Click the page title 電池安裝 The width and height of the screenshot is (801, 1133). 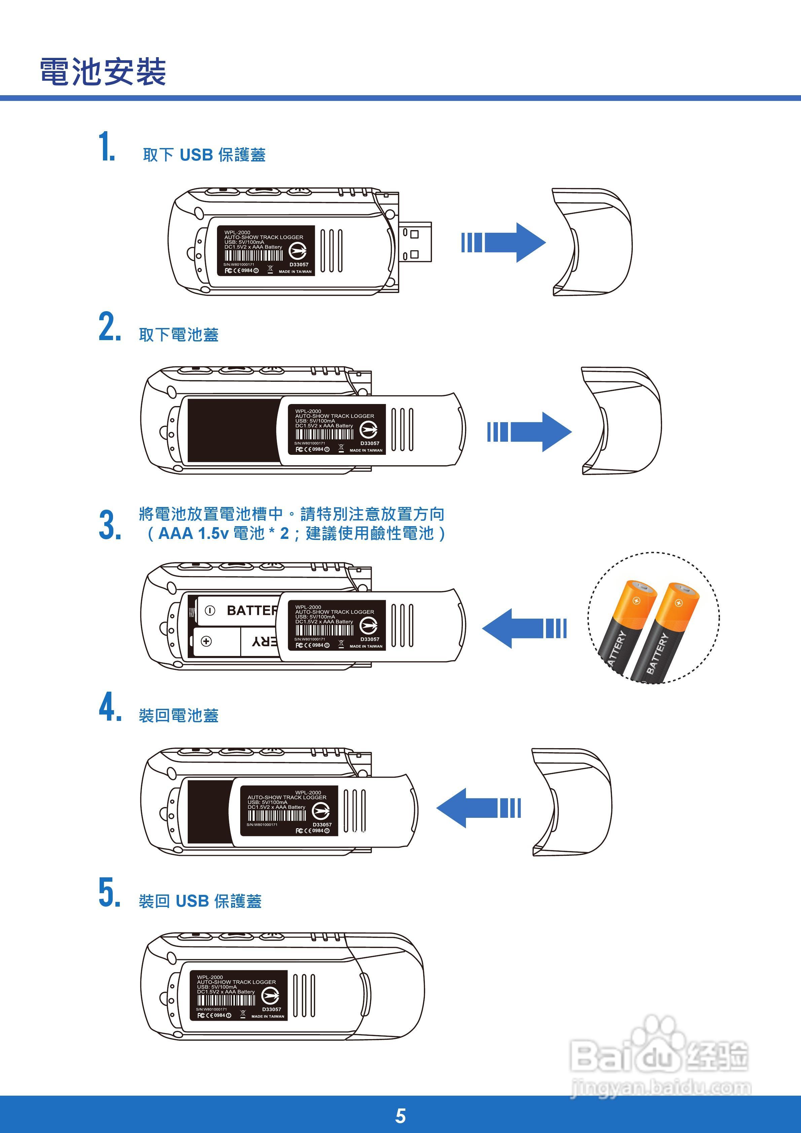click(103, 72)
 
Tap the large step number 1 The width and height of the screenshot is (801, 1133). click(107, 147)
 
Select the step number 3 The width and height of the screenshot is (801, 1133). click(110, 525)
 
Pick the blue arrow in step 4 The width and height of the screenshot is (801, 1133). click(478, 808)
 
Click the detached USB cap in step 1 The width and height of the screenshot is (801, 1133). click(592, 242)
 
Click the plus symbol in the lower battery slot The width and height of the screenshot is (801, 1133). click(206, 641)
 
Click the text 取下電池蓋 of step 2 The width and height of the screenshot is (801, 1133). click(179, 335)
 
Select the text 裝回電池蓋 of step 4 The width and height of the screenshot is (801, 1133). click(179, 716)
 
